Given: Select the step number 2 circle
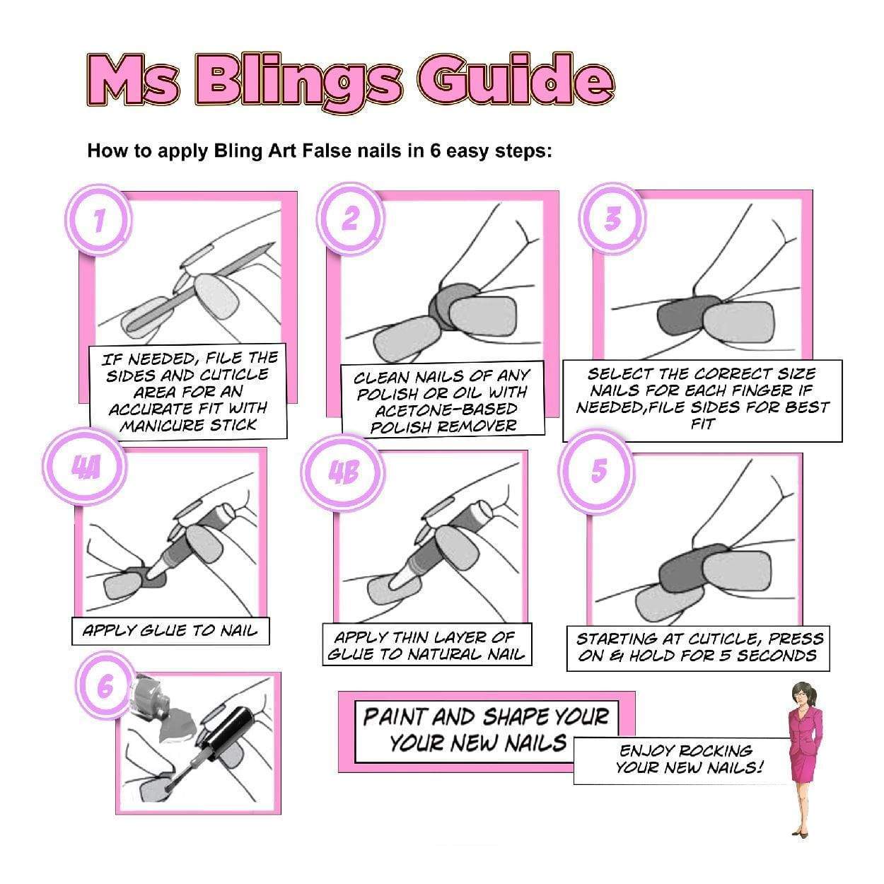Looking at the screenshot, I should pos(350,219).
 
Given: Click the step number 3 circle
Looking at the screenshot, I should pos(612,219).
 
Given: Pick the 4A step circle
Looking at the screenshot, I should pos(85,469).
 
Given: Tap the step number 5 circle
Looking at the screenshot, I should pos(598,470).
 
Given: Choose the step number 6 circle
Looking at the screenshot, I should pos(105,687).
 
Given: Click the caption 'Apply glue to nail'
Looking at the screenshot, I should pos(170,631).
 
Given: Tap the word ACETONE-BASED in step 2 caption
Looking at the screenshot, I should pos(446,409).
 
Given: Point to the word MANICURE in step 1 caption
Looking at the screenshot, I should pos(153,426).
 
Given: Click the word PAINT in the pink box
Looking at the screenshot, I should pos(395,717).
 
